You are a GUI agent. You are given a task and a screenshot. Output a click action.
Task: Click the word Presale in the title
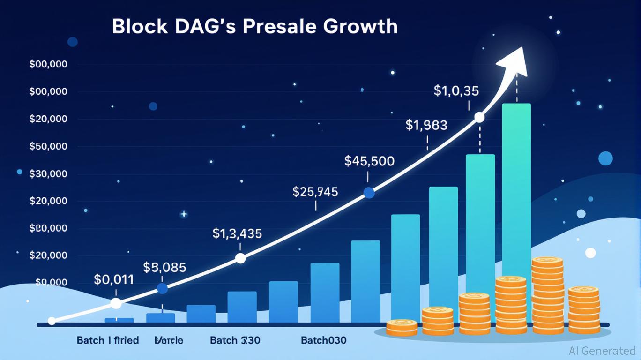coord(276,27)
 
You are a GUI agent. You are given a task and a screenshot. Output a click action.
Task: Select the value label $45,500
coord(369,161)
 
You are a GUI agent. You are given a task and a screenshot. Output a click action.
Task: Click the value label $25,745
coord(315,192)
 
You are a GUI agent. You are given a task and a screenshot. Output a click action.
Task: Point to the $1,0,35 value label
coord(456,91)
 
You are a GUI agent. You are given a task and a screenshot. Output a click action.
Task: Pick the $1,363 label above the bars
coord(426,125)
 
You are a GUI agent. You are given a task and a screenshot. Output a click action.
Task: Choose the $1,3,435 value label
coord(237,233)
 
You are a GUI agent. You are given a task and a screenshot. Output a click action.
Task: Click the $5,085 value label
coord(164,268)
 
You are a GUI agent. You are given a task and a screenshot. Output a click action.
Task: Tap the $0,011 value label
coord(114,280)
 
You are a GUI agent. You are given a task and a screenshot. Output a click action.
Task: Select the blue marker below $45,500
coord(369,193)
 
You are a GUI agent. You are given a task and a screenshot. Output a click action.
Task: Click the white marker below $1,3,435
coord(240,258)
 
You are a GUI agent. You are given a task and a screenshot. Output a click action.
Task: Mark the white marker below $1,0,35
coord(479,117)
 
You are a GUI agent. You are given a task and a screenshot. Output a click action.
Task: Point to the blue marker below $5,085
coord(162,289)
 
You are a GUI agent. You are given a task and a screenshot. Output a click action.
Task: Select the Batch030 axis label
coord(324,340)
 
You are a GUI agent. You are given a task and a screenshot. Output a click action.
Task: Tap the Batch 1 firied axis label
coord(108,340)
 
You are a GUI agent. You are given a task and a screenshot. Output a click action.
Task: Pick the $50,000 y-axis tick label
coord(48,147)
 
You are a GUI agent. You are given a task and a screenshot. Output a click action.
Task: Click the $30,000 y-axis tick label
coord(48,174)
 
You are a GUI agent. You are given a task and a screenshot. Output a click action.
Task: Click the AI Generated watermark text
coord(602,351)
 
